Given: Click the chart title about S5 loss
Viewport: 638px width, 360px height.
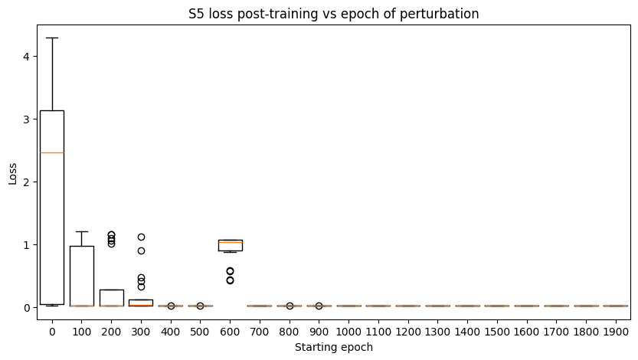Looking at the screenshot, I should (x=334, y=13).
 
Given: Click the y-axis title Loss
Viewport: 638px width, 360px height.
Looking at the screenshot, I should (x=12, y=172).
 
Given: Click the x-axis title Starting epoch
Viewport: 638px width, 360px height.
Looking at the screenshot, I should (x=333, y=348).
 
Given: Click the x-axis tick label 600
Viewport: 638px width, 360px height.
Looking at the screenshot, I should (x=230, y=330).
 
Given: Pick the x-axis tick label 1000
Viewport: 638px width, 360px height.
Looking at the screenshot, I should (x=348, y=330).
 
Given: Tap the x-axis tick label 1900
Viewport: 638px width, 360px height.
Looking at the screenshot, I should (x=616, y=330).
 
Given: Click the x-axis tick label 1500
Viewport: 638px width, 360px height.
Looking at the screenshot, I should (x=497, y=330).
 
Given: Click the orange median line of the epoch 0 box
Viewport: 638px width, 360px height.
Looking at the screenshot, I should (x=52, y=152).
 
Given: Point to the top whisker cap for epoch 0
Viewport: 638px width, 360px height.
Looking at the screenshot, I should (x=52, y=38).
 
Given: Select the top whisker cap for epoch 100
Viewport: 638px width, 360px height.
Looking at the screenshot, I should (x=82, y=231).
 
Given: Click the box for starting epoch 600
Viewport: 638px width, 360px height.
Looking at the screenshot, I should (x=230, y=245).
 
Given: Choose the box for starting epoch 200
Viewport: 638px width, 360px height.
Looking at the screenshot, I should (x=111, y=297).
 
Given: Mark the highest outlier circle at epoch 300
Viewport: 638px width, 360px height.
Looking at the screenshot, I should (x=141, y=237).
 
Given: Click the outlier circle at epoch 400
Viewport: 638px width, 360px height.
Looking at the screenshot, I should (x=171, y=306).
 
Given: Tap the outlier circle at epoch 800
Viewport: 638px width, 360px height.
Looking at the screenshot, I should (x=290, y=306).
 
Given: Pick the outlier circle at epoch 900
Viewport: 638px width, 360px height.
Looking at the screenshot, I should (x=319, y=306).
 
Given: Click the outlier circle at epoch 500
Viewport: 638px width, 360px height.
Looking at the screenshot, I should (x=201, y=306).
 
